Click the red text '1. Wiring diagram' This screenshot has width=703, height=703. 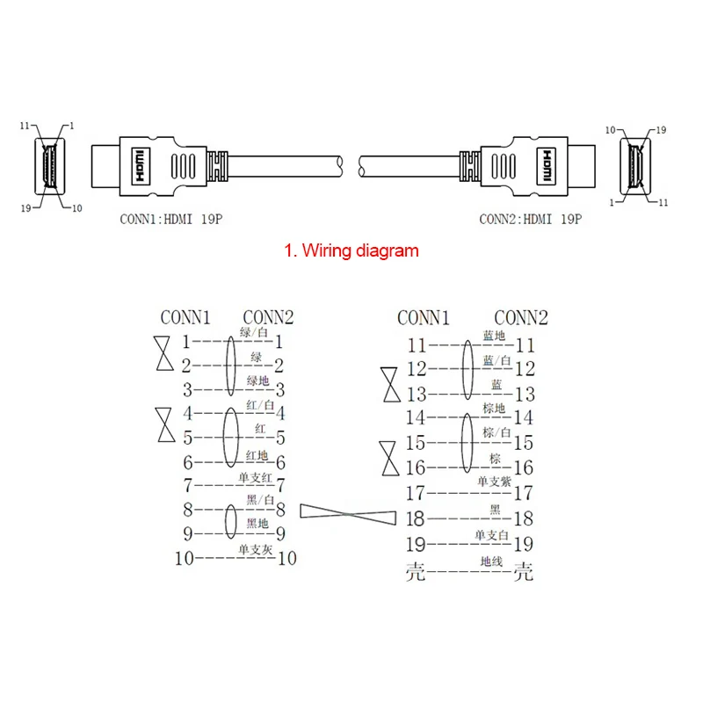pos(351,250)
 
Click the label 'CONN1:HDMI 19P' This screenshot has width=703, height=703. pos(170,219)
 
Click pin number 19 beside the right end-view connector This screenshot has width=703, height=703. pos(662,130)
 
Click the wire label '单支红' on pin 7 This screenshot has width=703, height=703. pos(254,477)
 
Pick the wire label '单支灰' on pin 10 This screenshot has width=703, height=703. pos(254,549)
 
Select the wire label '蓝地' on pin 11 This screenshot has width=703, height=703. pos(493,337)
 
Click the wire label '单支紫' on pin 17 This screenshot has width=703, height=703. pos(493,482)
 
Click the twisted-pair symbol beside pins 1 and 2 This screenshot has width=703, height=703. pos(163,353)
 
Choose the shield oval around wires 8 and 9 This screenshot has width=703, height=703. pos(230,520)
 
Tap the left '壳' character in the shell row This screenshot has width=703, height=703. pos(415,573)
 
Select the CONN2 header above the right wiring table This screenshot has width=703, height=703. pos(520,318)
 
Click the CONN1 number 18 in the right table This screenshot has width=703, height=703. pos(415,519)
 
